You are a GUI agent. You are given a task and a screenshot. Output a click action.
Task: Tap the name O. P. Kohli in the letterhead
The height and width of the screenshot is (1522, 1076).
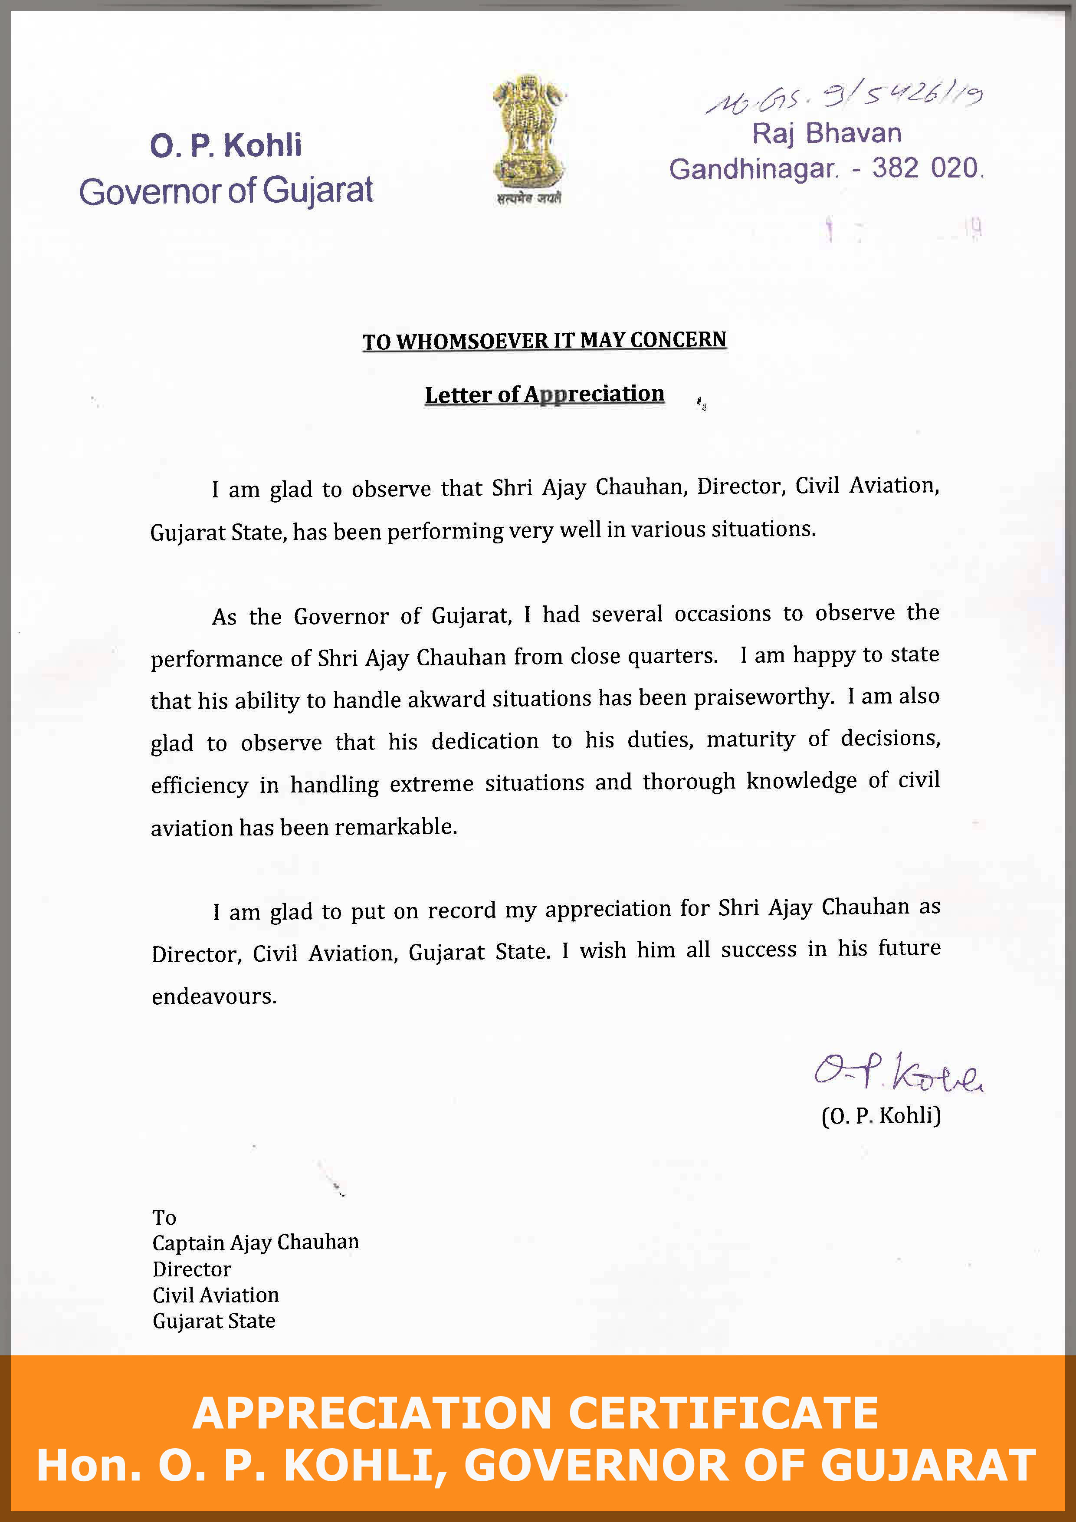(226, 146)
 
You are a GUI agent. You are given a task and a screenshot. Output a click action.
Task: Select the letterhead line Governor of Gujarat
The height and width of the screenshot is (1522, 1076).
(226, 191)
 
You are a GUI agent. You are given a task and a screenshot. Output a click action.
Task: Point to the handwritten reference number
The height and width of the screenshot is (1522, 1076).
(843, 98)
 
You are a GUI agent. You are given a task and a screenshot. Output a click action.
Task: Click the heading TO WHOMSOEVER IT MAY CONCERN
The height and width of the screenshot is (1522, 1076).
(544, 341)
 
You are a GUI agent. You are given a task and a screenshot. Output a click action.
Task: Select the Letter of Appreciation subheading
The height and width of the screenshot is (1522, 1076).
(544, 394)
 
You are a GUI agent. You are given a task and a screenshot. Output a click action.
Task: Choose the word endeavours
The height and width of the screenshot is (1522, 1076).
(213, 996)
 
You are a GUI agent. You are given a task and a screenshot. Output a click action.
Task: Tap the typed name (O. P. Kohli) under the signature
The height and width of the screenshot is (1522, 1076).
(881, 1116)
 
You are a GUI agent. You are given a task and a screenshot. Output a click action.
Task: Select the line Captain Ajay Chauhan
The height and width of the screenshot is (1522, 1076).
(255, 1242)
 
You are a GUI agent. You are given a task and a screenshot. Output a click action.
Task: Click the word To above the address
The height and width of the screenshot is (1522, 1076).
(164, 1217)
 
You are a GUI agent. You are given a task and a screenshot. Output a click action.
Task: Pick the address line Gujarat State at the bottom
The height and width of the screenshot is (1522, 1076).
(213, 1321)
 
